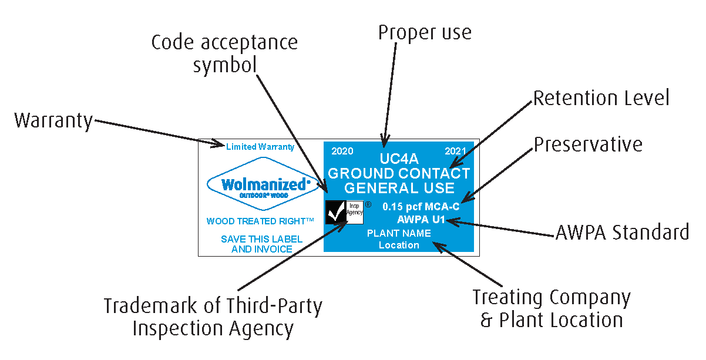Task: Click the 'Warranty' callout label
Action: point(53,121)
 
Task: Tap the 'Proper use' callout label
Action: point(425,33)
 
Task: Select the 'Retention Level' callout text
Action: point(601,98)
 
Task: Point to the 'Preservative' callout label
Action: point(588,144)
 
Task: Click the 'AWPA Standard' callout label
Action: point(622,233)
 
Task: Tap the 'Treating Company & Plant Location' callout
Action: point(552,309)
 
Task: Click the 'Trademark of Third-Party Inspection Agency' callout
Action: point(213,317)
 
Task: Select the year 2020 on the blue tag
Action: point(342,151)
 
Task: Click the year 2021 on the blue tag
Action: point(455,151)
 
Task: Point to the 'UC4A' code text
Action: point(399,159)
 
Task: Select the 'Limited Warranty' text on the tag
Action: point(260,147)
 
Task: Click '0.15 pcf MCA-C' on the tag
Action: point(421,207)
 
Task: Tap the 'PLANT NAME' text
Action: point(399,233)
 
